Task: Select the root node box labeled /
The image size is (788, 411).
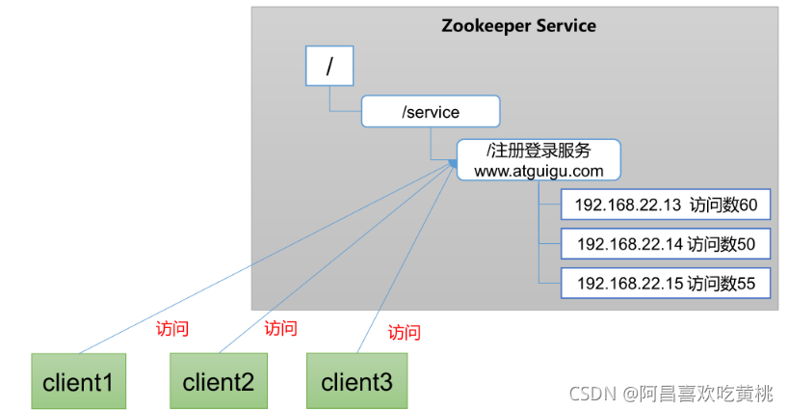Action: (329, 67)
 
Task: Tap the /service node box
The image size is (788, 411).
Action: (431, 112)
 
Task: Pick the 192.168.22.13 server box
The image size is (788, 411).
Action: (666, 205)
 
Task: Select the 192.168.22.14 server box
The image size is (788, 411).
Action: (666, 244)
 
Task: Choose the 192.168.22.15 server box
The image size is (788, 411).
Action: (666, 284)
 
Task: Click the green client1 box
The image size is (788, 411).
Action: (78, 381)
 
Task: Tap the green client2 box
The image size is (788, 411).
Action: (218, 381)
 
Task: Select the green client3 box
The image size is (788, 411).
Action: (356, 381)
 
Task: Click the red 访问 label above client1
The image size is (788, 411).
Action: (172, 328)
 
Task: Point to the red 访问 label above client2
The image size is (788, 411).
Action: (280, 328)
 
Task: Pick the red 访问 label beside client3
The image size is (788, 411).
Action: (404, 333)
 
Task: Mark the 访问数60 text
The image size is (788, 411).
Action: (723, 205)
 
